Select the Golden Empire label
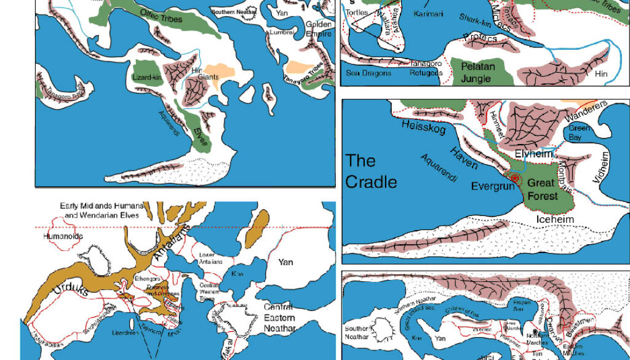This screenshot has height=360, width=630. pos(319,30)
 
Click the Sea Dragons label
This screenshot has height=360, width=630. pos(368,73)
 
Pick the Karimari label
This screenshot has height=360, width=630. pos(428,14)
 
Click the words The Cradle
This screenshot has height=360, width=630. pos(371,172)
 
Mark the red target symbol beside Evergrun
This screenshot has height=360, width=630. pos(515,179)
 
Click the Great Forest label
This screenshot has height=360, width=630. pos(543,190)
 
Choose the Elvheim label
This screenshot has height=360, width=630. pos(533,154)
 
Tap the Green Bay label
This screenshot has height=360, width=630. pos(579,134)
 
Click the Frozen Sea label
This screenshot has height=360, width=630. pos(522,306)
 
